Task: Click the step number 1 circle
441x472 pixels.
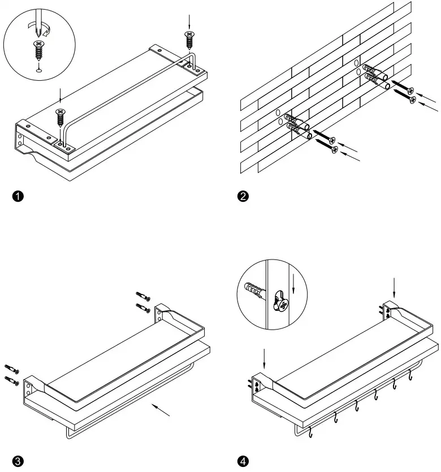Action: pyautogui.click(x=18, y=196)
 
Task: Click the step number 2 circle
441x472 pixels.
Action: pyautogui.click(x=243, y=196)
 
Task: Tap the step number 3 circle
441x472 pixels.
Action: pyautogui.click(x=18, y=461)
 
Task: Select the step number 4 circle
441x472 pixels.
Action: pyautogui.click(x=243, y=461)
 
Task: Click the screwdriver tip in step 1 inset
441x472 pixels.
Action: pyautogui.click(x=38, y=34)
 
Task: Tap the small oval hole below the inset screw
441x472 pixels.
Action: pyautogui.click(x=38, y=71)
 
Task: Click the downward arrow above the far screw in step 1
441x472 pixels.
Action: pyautogui.click(x=189, y=21)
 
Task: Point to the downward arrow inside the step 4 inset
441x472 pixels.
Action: pyautogui.click(x=293, y=284)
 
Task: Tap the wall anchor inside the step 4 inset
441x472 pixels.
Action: pyautogui.click(x=255, y=291)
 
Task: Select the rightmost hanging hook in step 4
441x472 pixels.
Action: pyautogui.click(x=410, y=375)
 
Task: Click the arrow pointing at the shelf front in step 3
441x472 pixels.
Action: pyautogui.click(x=161, y=410)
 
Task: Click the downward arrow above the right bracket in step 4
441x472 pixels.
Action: pyautogui.click(x=394, y=288)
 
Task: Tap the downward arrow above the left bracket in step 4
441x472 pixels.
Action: pyautogui.click(x=264, y=359)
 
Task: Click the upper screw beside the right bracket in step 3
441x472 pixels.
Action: pyautogui.click(x=143, y=296)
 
